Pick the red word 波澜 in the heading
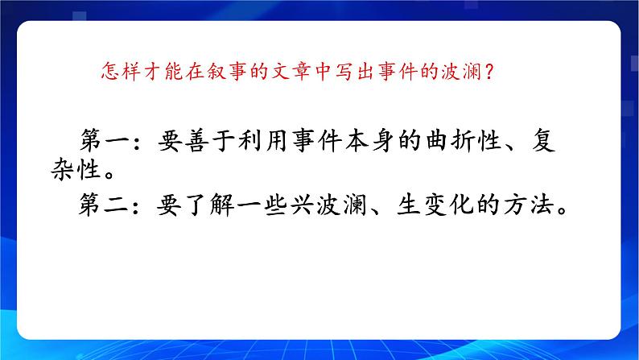467,72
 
